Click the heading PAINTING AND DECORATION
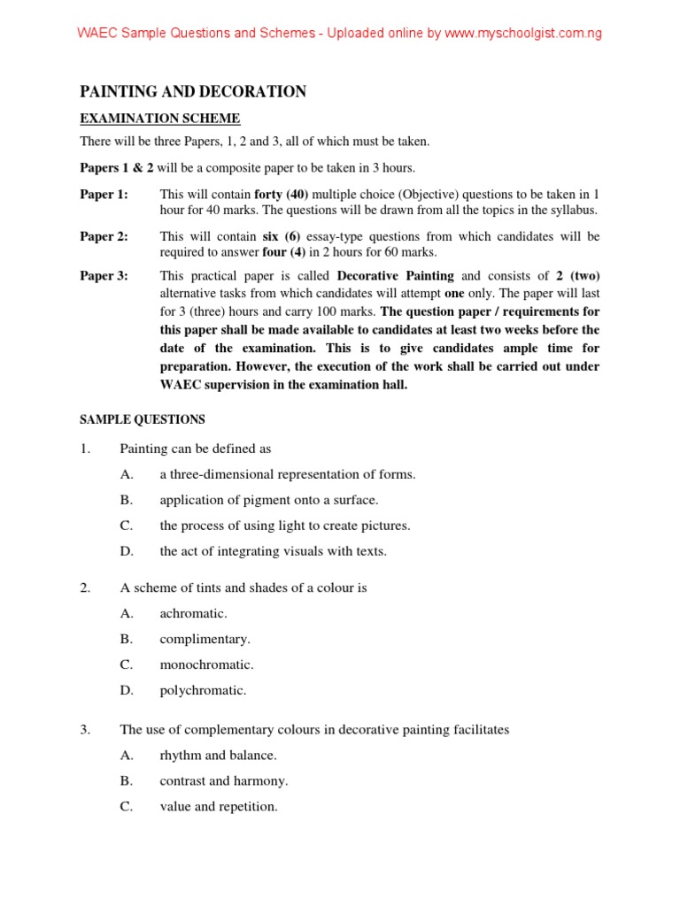pos(193,91)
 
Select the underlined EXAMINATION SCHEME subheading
pos(159,119)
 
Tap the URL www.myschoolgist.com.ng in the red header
pos(522,34)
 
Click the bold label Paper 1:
pos(104,194)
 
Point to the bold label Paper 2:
pos(104,236)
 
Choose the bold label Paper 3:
pos(104,276)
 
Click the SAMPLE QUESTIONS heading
pos(142,419)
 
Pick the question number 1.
pos(85,449)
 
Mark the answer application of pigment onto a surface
pos(268,500)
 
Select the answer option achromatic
pos(193,613)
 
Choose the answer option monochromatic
pos(206,664)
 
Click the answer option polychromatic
pos(203,690)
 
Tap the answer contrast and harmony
pos(223,781)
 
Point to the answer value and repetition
pos(218,807)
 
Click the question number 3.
pos(85,730)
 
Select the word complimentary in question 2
pos(205,639)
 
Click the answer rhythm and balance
pos(218,756)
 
